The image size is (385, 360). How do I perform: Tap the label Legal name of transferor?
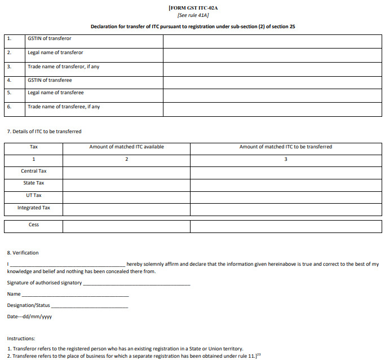pos(55,53)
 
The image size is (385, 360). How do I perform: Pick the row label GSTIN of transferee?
pos(50,80)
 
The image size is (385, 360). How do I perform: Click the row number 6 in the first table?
pos(9,107)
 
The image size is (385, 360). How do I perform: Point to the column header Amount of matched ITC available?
pos(126,147)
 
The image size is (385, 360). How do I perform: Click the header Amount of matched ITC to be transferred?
pos(286,147)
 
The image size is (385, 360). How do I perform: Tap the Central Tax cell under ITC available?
pos(126,172)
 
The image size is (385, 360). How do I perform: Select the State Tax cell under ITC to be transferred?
pos(286,183)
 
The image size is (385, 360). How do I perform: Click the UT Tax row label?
pos(34,196)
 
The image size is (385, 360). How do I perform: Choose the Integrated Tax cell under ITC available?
pos(126,208)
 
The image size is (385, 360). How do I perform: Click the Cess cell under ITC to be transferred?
pos(286,226)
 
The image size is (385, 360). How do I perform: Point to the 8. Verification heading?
pos(23,253)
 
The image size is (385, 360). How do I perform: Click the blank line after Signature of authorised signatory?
pos(136,283)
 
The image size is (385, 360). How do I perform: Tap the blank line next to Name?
pos(75,295)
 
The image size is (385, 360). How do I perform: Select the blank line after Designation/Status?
pos(89,306)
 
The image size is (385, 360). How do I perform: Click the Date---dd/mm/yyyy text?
pos(29,317)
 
